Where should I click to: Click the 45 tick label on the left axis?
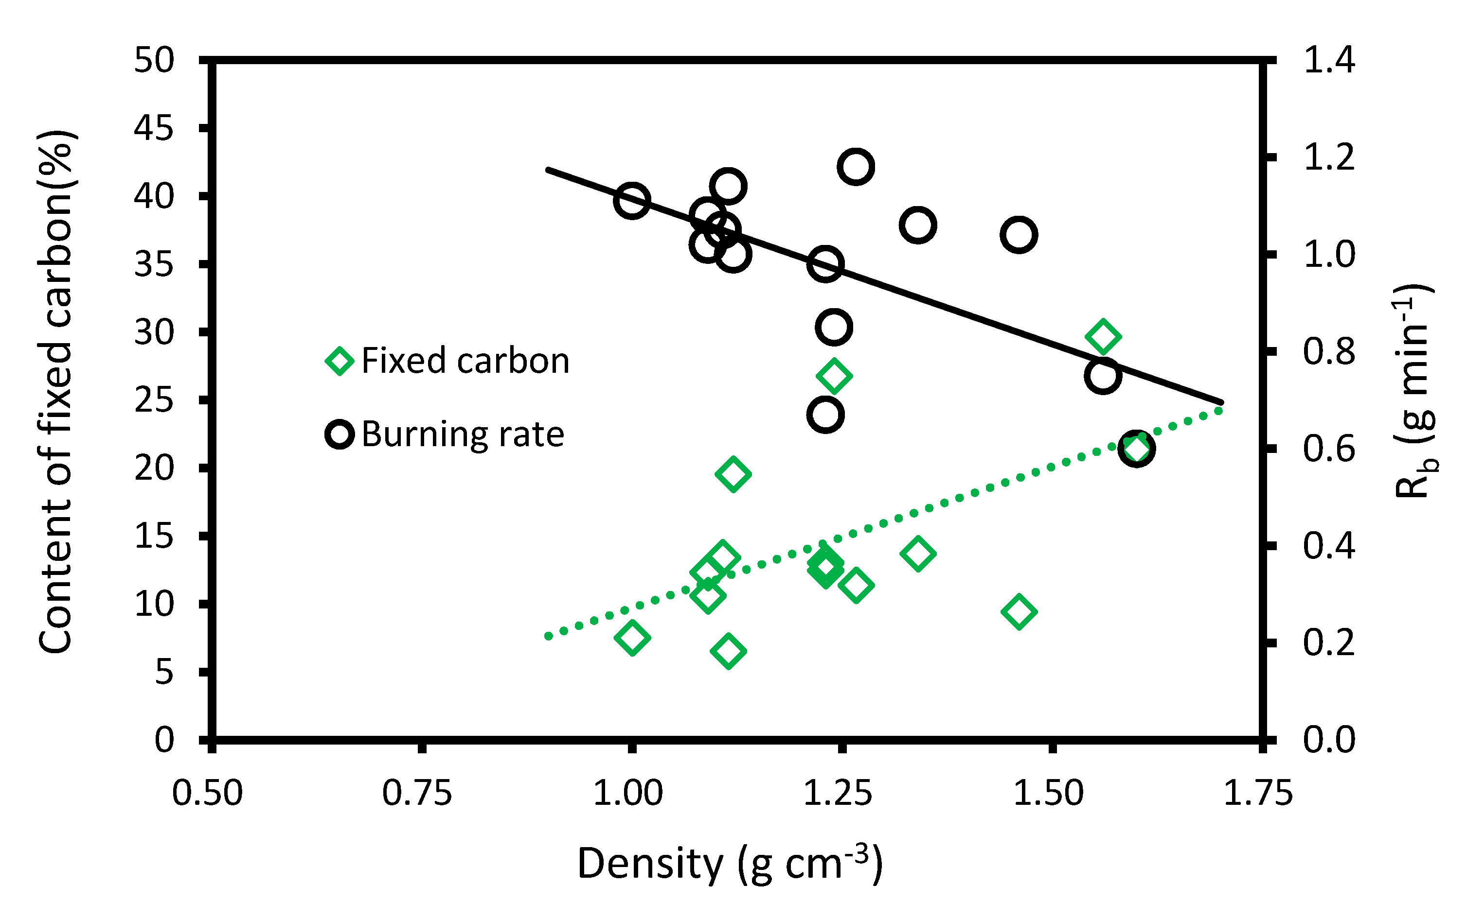point(154,128)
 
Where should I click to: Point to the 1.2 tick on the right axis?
point(1328,157)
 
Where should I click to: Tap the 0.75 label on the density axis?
point(417,793)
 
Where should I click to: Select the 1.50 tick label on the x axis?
point(1048,793)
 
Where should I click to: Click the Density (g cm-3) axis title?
point(730,864)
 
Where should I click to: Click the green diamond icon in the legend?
point(340,361)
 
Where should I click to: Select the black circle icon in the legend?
point(340,434)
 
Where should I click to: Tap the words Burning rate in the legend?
point(463,434)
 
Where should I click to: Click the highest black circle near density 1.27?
point(856,167)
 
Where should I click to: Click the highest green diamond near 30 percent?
point(1103,336)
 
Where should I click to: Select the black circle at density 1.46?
point(1018,235)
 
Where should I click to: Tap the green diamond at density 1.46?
point(1018,611)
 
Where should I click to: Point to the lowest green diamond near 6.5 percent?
point(728,650)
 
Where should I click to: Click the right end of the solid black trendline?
point(1221,402)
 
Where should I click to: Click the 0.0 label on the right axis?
point(1328,740)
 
